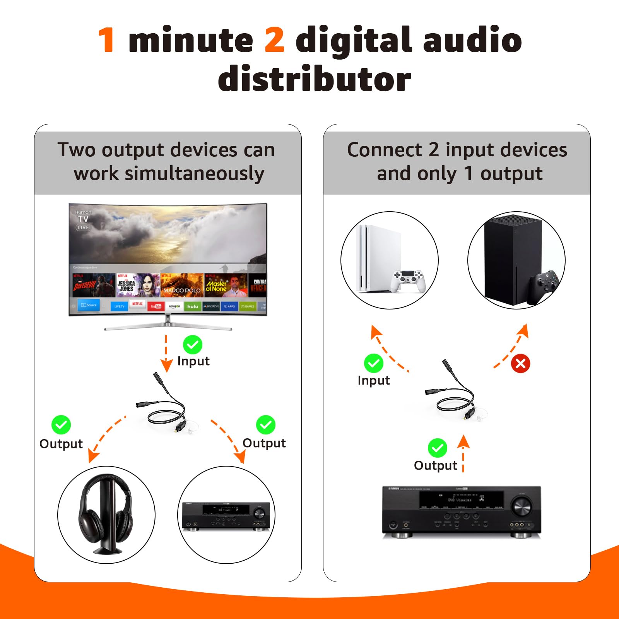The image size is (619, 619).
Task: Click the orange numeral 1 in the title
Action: pyautogui.click(x=106, y=40)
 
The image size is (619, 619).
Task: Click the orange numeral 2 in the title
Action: pyautogui.click(x=274, y=40)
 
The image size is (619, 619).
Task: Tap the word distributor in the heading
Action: pyautogui.click(x=314, y=79)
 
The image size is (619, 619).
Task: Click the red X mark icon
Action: pyautogui.click(x=520, y=363)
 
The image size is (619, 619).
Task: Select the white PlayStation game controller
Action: pyautogui.click(x=409, y=280)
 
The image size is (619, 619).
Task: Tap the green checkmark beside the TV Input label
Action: pyautogui.click(x=192, y=344)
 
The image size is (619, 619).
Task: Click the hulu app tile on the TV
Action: pyautogui.click(x=192, y=306)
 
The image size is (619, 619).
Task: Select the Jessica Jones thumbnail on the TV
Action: pyautogui.click(x=138, y=285)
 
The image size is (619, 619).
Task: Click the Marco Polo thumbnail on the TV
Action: pyautogui.click(x=182, y=285)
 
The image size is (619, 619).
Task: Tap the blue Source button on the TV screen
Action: pyautogui.click(x=89, y=305)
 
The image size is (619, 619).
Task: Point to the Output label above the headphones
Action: pyautogui.click(x=61, y=444)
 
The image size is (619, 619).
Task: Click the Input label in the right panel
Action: pyautogui.click(x=373, y=380)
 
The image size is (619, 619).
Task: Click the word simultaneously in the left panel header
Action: pyautogui.click(x=169, y=173)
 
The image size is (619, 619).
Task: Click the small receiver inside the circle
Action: pyautogui.click(x=226, y=516)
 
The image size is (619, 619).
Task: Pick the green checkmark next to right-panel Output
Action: pyautogui.click(x=437, y=448)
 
